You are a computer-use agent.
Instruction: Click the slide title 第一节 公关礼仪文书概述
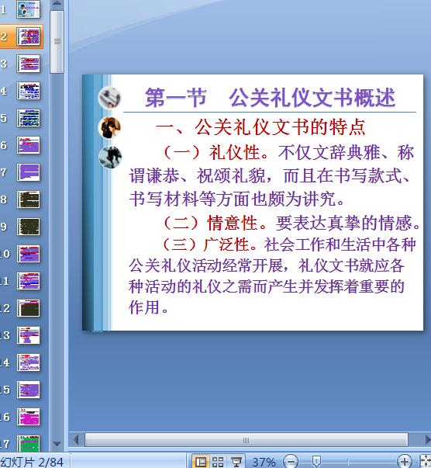coord(270,98)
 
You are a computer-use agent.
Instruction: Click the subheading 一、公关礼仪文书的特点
coord(260,127)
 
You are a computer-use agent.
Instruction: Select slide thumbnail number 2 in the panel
coord(29,36)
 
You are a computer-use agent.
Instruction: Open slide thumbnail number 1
coord(29,9)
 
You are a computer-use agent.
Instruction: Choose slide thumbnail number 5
coord(29,118)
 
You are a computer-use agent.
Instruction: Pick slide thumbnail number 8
coord(29,199)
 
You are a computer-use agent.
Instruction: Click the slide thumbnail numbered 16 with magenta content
coord(29,417)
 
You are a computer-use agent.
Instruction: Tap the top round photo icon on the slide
coord(110,98)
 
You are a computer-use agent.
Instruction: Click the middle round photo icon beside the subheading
coord(110,127)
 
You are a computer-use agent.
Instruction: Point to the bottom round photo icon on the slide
coord(110,157)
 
